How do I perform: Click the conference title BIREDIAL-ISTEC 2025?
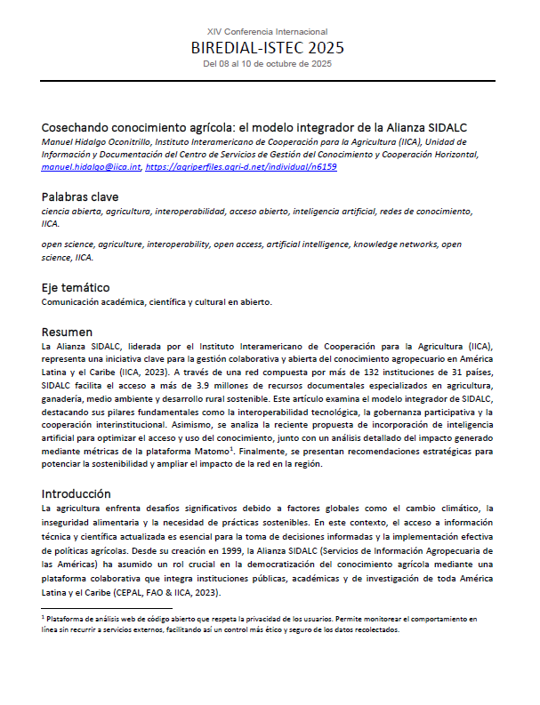point(267,48)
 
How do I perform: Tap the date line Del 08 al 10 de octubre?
point(267,64)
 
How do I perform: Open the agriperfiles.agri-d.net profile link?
point(240,166)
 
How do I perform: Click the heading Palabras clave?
point(80,196)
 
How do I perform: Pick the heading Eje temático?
point(76,287)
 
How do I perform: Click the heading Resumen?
point(67,332)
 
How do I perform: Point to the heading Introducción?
point(77,493)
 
